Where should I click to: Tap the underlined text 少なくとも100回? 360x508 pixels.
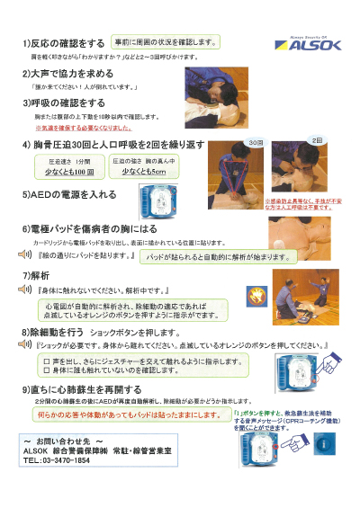[70, 171]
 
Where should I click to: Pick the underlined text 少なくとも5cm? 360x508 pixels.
[144, 171]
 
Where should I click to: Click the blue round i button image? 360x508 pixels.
[324, 443]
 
